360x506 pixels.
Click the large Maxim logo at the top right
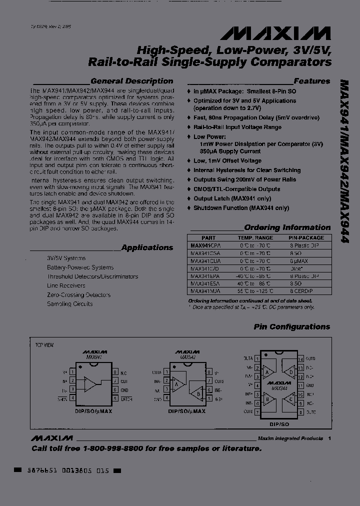click(x=275, y=33)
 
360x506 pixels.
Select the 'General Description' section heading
click(x=132, y=81)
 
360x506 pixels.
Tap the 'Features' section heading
click(x=311, y=81)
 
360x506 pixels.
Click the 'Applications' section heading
click(x=147, y=247)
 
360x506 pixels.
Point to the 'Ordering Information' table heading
click(x=287, y=227)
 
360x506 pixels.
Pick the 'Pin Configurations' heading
click(x=291, y=327)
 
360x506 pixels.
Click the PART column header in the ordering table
click(x=208, y=238)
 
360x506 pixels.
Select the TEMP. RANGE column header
click(x=255, y=238)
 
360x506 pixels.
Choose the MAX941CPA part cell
click(x=205, y=246)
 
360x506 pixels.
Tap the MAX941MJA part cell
click(x=205, y=290)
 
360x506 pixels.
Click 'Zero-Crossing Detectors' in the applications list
click(x=78, y=295)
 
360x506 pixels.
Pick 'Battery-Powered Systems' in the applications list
click(x=80, y=267)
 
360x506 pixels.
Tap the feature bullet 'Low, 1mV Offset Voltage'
click(x=227, y=161)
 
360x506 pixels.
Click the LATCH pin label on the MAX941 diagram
click(x=126, y=398)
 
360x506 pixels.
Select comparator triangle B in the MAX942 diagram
click(x=198, y=393)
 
